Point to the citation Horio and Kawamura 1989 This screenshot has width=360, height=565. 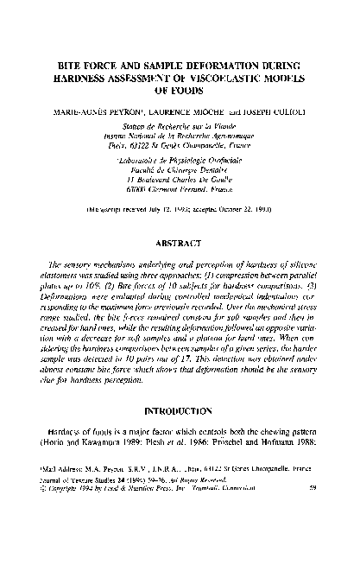87,491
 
